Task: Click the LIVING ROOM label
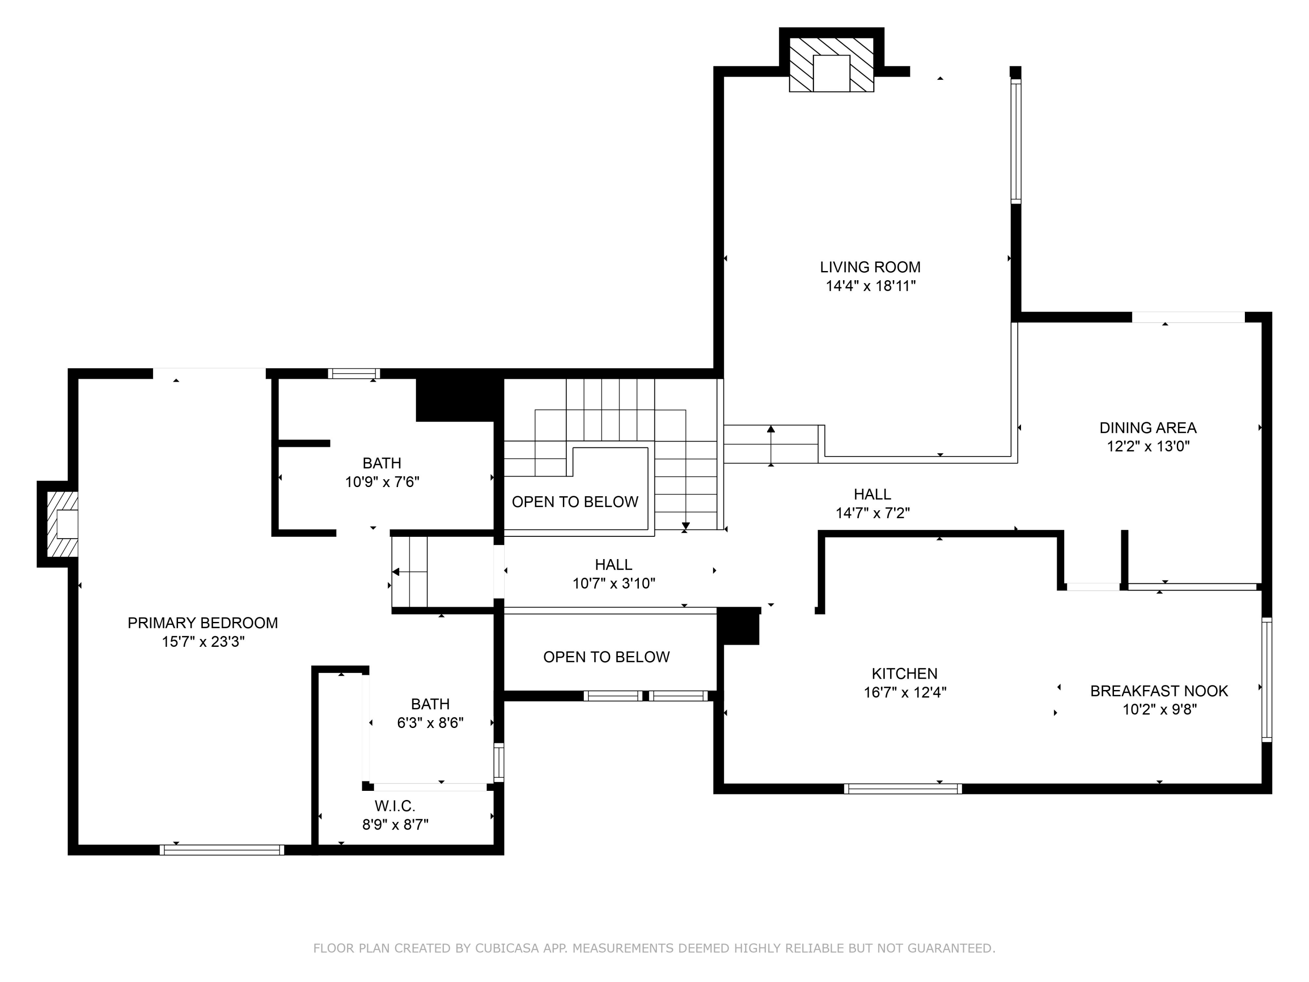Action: pyautogui.click(x=870, y=267)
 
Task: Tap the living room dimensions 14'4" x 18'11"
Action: pyautogui.click(x=870, y=286)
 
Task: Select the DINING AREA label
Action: pyautogui.click(x=1148, y=427)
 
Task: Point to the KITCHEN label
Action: pyautogui.click(x=904, y=673)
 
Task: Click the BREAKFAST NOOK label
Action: pyautogui.click(x=1159, y=691)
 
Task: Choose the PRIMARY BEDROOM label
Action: pyautogui.click(x=202, y=623)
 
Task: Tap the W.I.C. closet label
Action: pyautogui.click(x=395, y=806)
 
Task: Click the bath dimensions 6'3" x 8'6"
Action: pyautogui.click(x=430, y=723)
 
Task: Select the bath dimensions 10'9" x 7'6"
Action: pyautogui.click(x=382, y=482)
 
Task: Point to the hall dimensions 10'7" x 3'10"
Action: pyautogui.click(x=613, y=584)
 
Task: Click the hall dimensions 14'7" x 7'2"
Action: pyautogui.click(x=872, y=513)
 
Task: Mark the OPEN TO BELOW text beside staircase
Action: pyautogui.click(x=575, y=502)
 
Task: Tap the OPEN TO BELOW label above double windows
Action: pyautogui.click(x=606, y=657)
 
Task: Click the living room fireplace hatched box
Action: pyautogui.click(x=832, y=65)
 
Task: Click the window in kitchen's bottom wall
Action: pyautogui.click(x=902, y=789)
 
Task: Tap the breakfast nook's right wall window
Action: pyautogui.click(x=1266, y=680)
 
